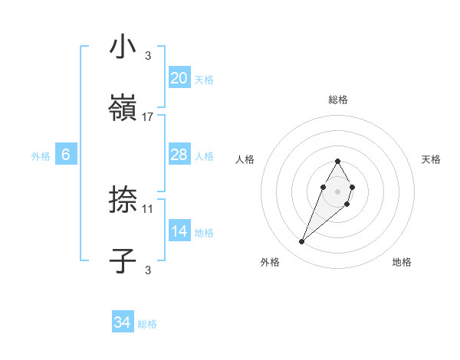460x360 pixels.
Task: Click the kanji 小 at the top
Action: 123,47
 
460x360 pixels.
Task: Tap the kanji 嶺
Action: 123,108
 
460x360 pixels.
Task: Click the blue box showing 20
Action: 179,78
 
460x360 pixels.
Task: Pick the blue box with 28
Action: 179,155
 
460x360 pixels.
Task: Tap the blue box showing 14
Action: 179,232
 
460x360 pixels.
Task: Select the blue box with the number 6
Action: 66,155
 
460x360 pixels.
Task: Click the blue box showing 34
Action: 123,323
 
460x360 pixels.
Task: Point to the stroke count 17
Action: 148,117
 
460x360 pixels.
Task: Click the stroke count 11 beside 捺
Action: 148,208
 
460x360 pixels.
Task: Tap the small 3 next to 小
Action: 148,55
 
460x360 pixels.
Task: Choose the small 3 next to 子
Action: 148,270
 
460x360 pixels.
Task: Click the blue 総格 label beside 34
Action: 147,325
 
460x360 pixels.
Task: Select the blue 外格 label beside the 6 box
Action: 41,156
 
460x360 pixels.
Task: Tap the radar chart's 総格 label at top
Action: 338,100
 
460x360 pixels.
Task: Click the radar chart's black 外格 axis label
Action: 270,262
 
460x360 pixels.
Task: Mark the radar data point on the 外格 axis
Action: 302,242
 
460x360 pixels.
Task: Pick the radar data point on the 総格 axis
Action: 337,161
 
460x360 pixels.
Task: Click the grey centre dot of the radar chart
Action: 337,190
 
